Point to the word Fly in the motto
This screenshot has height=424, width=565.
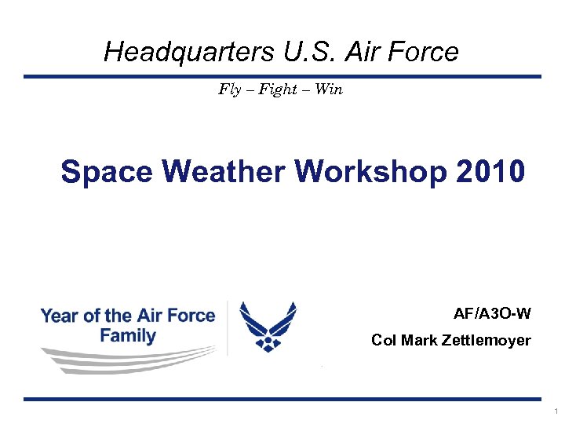tap(229, 90)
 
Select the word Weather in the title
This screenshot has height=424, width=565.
tap(221, 172)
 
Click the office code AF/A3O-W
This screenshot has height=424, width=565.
tap(492, 314)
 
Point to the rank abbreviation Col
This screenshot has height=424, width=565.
tap(383, 341)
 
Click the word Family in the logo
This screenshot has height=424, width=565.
tap(128, 335)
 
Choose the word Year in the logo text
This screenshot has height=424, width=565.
tap(59, 316)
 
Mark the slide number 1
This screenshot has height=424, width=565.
tap(556, 411)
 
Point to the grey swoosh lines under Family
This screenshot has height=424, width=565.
tap(118, 360)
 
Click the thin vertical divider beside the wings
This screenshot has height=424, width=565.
tap(228, 328)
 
